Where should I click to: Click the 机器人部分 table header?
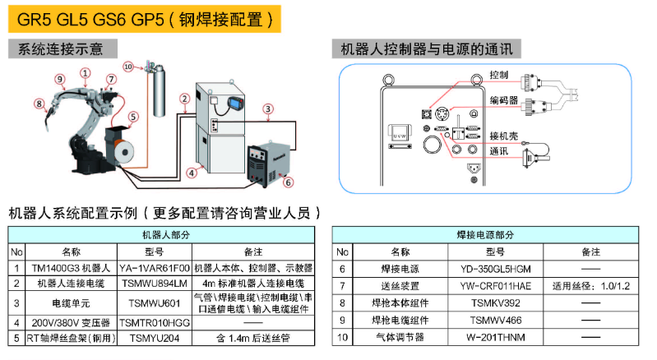click(x=162, y=235)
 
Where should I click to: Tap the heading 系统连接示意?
click(x=56, y=49)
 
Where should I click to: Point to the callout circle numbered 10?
click(x=127, y=65)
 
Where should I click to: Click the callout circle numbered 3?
click(x=268, y=108)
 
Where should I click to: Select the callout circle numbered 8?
click(x=39, y=103)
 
